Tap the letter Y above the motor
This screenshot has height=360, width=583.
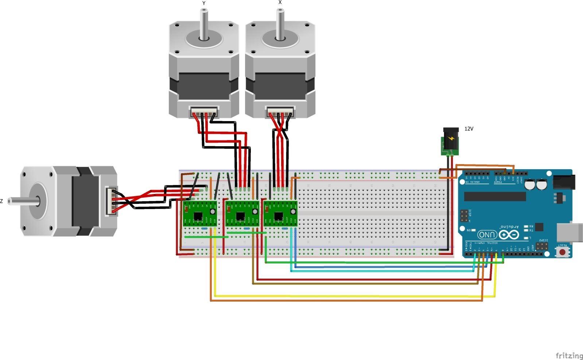(x=204, y=3)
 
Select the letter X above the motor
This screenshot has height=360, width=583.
(x=280, y=2)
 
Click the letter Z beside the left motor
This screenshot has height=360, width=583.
(x=2, y=201)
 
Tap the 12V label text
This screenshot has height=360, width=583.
(x=469, y=129)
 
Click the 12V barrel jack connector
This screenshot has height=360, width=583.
(x=451, y=141)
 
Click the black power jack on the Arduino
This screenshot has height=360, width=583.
(x=564, y=182)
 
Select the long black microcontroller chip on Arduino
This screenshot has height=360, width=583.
(x=495, y=196)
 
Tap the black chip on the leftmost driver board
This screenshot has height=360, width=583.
(x=198, y=216)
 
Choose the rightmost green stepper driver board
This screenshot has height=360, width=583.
(x=280, y=213)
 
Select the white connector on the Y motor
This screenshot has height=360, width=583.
(x=204, y=112)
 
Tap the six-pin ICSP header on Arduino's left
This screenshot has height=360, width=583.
(x=464, y=216)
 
